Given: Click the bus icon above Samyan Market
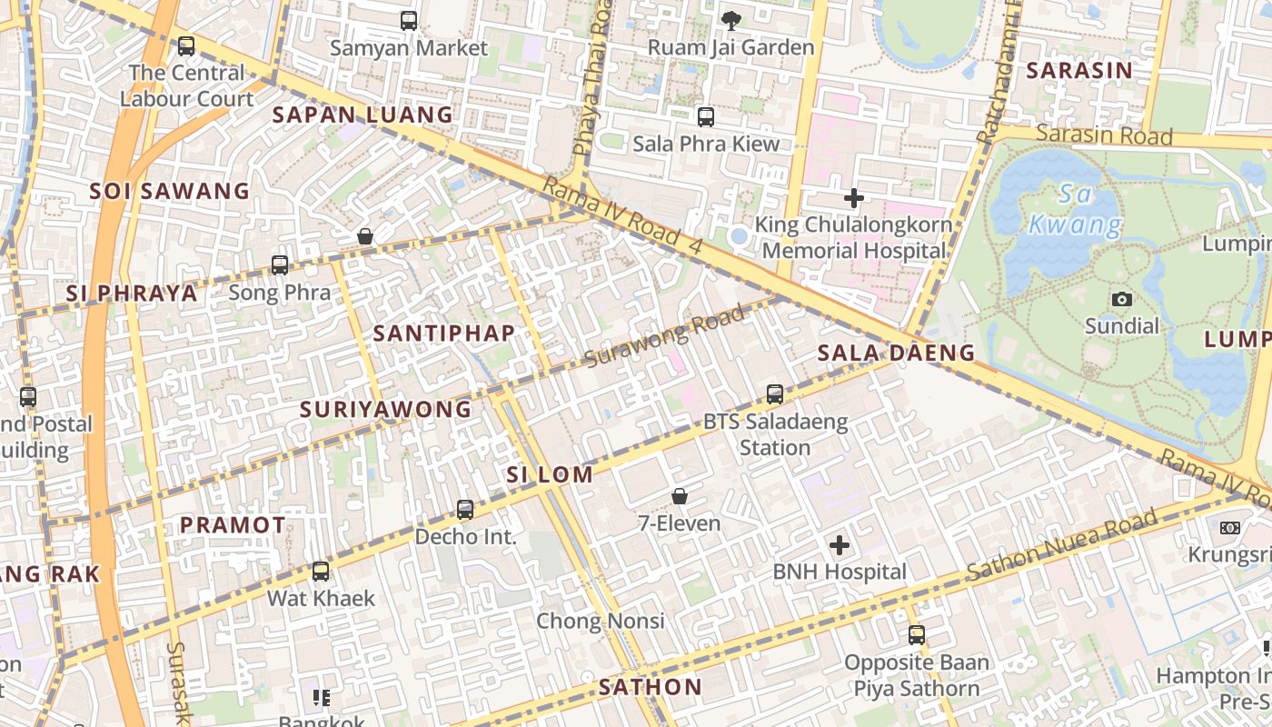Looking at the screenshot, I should click(409, 20).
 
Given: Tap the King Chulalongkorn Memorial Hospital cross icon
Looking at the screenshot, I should click(854, 197).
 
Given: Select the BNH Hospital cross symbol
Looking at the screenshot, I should click(840, 545).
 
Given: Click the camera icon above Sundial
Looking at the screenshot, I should click(1122, 299).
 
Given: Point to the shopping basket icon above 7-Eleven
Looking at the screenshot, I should click(680, 496).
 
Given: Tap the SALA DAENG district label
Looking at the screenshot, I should click(896, 353).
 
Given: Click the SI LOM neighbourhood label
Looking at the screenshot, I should click(550, 474).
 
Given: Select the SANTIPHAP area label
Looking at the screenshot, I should click(444, 334).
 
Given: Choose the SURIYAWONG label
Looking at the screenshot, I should click(386, 410).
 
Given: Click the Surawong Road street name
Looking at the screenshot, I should click(665, 335).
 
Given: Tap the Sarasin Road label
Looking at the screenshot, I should click(1104, 135).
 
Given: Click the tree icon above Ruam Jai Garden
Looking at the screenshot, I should click(730, 20).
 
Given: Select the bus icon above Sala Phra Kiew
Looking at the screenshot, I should click(706, 117).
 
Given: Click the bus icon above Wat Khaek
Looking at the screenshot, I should click(321, 572).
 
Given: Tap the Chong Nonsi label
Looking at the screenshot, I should click(601, 622).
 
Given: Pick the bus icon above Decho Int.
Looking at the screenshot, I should click(465, 510).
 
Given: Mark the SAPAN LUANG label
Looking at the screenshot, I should click(363, 115).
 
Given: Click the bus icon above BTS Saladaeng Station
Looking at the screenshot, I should click(775, 394).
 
